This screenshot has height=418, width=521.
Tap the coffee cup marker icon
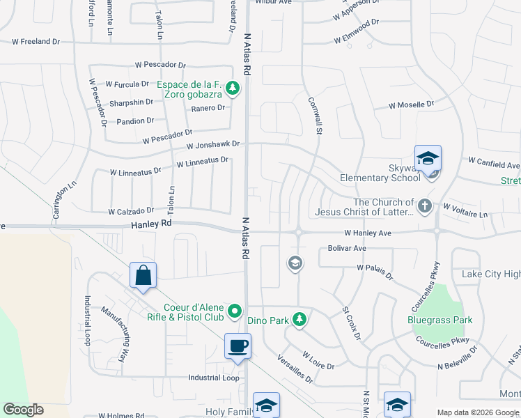[x=238, y=346]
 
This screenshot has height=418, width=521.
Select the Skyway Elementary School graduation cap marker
[x=428, y=157]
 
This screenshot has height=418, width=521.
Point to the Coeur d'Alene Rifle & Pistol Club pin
[x=235, y=311]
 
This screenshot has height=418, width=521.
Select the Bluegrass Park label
[x=440, y=320]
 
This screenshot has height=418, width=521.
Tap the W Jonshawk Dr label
[x=213, y=145]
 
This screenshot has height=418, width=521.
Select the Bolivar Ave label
[x=347, y=248]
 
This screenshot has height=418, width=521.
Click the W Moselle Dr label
[x=411, y=105]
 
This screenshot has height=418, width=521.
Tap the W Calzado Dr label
[x=131, y=211]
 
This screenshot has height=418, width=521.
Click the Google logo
[x=23, y=410]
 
